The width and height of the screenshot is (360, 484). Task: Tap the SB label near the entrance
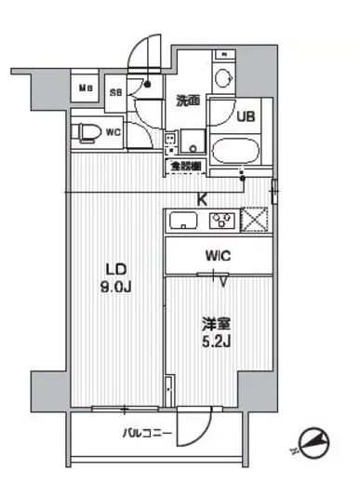tap(116, 91)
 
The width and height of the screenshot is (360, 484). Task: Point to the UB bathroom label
tap(246, 117)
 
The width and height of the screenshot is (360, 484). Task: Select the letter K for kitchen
tap(201, 196)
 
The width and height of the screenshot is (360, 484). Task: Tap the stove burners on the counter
tap(222, 221)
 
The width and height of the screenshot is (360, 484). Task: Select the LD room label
tap(115, 263)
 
